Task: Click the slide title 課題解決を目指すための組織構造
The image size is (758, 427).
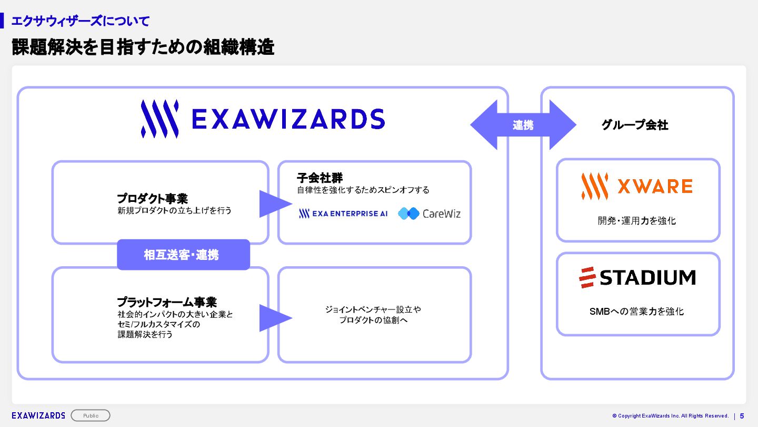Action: [x=143, y=47]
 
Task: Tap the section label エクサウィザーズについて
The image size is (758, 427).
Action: [x=80, y=21]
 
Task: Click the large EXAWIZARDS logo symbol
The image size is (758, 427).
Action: [x=159, y=119]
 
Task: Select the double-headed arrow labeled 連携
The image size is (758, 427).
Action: [x=523, y=125]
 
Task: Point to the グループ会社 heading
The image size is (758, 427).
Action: [x=635, y=125]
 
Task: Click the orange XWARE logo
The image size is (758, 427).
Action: [x=637, y=186]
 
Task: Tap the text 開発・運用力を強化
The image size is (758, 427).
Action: [x=637, y=220]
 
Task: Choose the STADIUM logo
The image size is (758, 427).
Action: [x=637, y=277]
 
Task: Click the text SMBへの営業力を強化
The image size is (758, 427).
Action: [x=636, y=312]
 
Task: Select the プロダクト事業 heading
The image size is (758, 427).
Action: [x=152, y=199]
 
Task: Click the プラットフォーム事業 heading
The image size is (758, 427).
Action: [x=166, y=302]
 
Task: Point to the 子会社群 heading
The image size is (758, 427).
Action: [x=320, y=178]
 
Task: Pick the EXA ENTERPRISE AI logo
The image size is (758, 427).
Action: [x=343, y=213]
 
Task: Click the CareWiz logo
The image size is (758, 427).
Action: [x=429, y=213]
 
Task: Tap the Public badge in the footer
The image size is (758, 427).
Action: [x=91, y=415]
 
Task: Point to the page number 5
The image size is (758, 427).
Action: [x=742, y=415]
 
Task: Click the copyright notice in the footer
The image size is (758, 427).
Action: [x=671, y=415]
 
